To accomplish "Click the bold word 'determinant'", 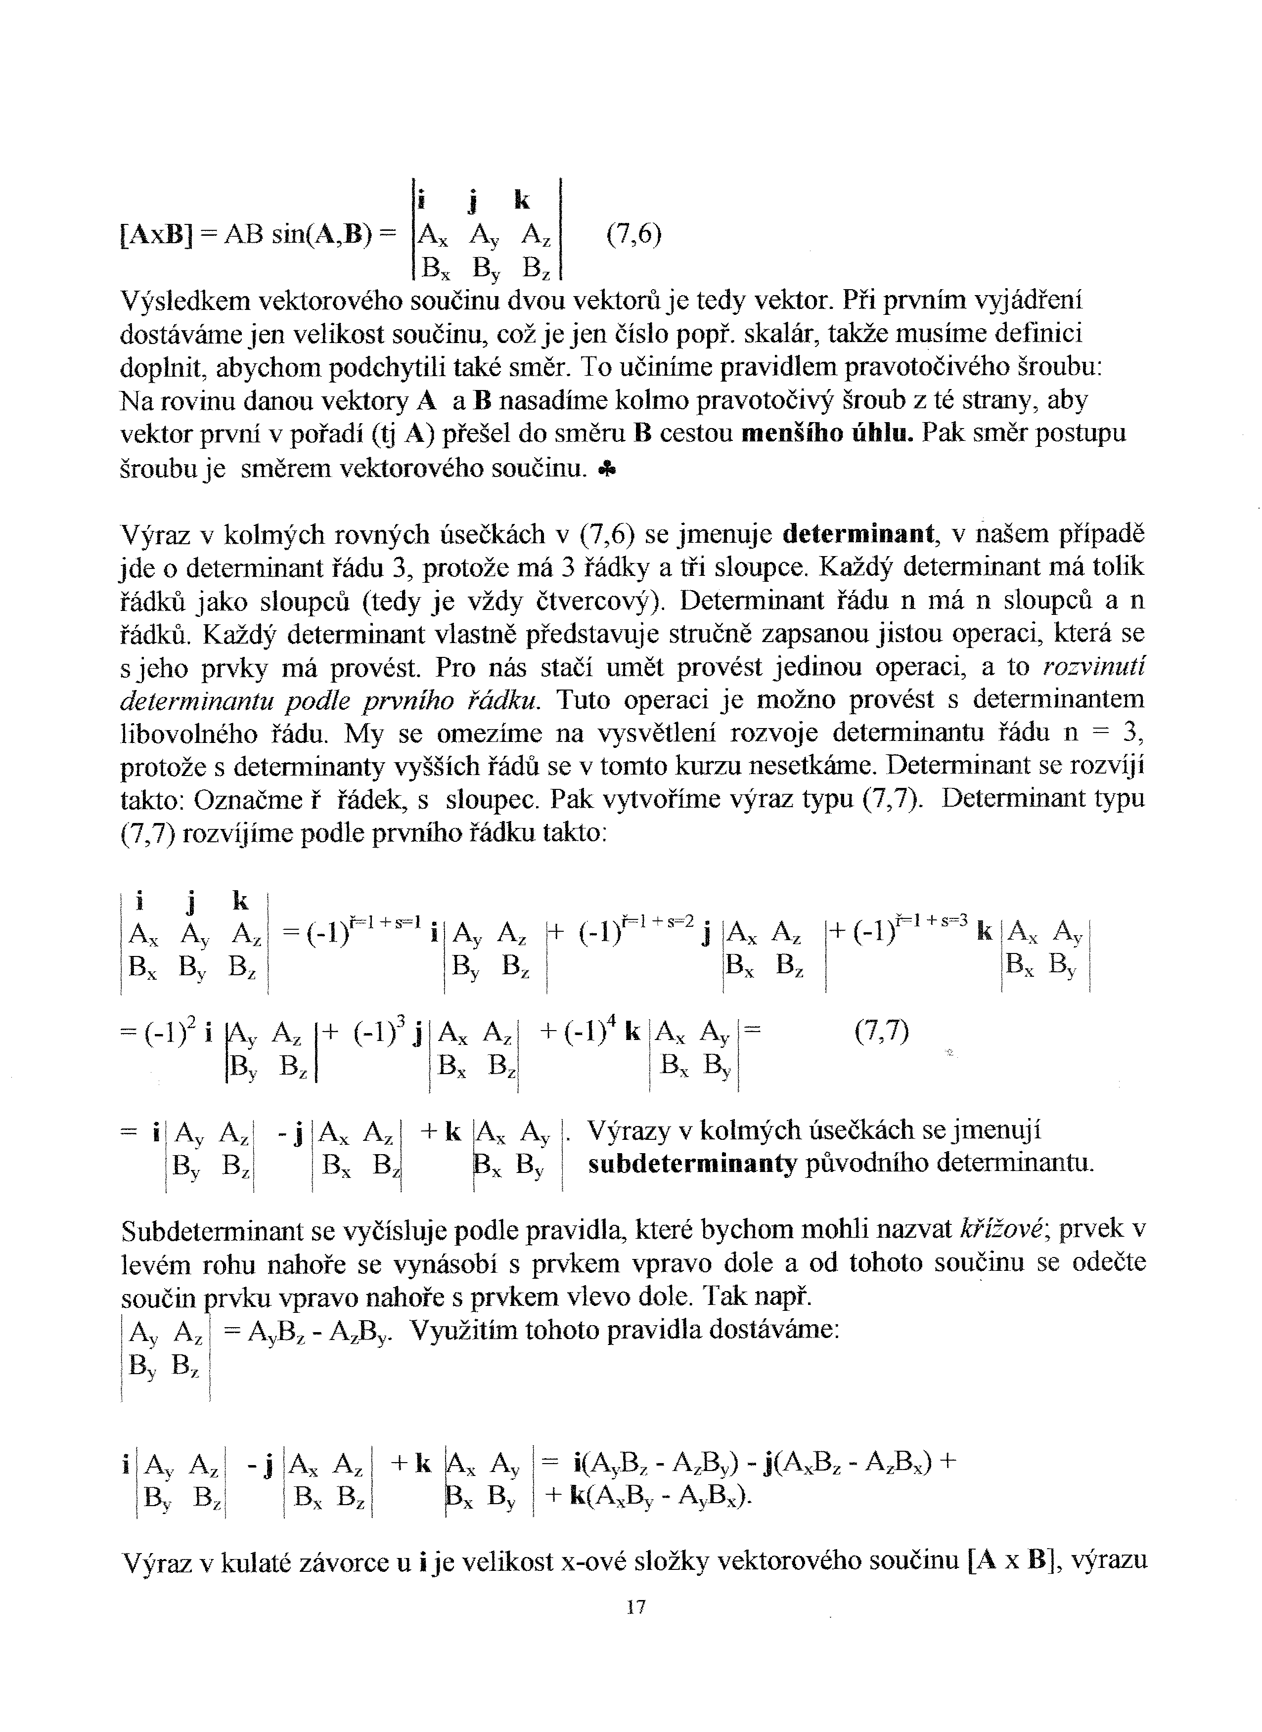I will click(860, 534).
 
